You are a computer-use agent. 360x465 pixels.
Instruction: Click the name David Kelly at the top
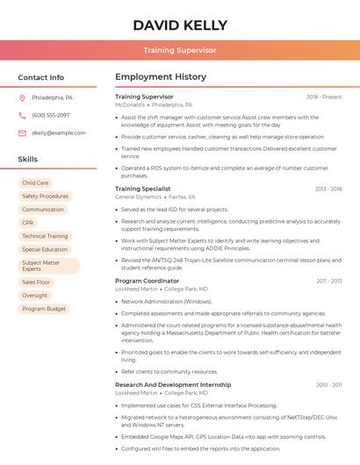180,25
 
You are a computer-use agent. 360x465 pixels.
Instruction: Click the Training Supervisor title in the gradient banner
180,50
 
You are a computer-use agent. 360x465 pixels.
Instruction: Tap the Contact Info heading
40,77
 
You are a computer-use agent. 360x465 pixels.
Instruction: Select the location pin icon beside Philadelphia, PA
22,97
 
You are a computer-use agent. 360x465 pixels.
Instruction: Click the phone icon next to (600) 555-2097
22,115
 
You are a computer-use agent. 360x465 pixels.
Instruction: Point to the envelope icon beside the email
22,132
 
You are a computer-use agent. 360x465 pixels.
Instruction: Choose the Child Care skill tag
35,183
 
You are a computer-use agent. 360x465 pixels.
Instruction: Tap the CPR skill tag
28,223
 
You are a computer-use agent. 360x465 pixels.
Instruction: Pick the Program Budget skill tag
44,309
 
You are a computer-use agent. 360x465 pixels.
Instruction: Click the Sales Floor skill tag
36,283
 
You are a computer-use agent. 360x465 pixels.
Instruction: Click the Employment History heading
161,77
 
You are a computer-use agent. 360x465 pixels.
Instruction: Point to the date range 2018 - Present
324,97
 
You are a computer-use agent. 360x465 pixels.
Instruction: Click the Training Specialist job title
142,189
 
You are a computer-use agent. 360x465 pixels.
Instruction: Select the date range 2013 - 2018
328,189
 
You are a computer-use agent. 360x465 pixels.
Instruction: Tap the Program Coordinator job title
147,281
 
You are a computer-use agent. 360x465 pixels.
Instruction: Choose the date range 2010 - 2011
328,385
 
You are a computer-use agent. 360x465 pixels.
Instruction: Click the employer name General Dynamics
139,197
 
